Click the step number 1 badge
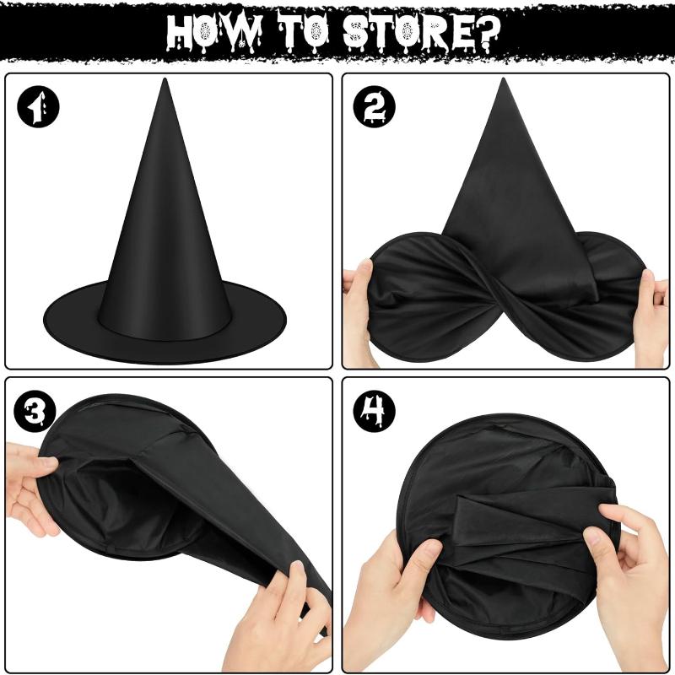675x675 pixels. click(38, 109)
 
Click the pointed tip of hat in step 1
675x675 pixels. click(165, 84)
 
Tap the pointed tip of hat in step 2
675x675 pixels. click(505, 83)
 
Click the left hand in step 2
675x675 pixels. click(358, 312)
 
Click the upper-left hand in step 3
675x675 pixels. click(30, 489)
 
